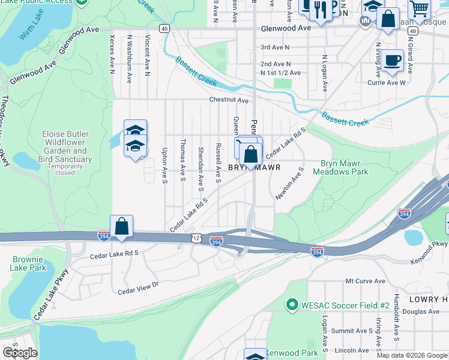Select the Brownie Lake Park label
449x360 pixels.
point(28,264)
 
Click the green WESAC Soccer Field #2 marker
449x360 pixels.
point(292,305)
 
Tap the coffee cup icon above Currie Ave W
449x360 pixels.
point(392,61)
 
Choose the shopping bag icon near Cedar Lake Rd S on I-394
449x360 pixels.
point(121,227)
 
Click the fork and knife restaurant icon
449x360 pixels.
point(321,9)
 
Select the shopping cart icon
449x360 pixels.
point(419,8)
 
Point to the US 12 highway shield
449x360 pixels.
point(196,238)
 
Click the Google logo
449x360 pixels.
point(20,353)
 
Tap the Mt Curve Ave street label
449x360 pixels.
point(365,281)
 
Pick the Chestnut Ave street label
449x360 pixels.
point(229,100)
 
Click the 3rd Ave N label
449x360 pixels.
point(274,47)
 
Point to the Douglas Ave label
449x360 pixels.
point(426,311)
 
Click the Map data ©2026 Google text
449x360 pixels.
point(412,355)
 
